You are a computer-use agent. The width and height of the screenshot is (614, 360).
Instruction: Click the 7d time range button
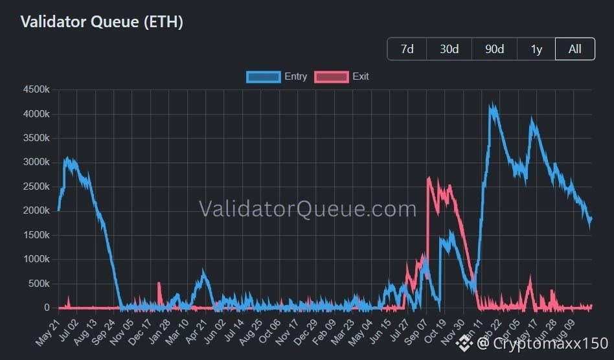click(x=407, y=49)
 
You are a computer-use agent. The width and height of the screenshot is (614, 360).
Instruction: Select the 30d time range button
click(x=449, y=49)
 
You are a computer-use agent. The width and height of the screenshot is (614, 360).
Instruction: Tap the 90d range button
click(x=494, y=49)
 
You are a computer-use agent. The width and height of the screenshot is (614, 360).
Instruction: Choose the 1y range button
click(x=536, y=49)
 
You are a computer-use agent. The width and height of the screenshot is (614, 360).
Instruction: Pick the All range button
click(x=575, y=49)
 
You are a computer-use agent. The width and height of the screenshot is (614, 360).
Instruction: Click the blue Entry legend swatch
click(x=264, y=76)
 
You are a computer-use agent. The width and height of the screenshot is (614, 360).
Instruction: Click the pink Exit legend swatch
click(x=331, y=76)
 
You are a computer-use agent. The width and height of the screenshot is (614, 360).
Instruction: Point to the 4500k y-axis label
click(x=36, y=89)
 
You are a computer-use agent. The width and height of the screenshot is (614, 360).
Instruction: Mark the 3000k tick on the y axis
click(x=36, y=162)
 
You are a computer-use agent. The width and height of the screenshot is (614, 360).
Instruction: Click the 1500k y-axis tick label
click(x=36, y=235)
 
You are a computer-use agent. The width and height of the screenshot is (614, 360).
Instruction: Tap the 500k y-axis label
click(x=39, y=284)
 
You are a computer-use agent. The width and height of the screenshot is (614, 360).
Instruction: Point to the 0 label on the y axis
click(x=47, y=308)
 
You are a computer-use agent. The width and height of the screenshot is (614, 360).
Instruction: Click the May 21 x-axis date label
click(x=48, y=333)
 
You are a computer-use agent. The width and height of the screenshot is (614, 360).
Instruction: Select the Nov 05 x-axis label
click(x=122, y=333)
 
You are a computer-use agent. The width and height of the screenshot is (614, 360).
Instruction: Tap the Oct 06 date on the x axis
click(x=269, y=332)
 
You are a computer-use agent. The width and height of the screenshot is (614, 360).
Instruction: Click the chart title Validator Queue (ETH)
click(x=102, y=21)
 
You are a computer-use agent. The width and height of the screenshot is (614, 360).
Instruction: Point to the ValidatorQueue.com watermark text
click(x=308, y=208)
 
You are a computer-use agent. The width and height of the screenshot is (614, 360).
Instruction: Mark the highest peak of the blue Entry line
click(x=493, y=105)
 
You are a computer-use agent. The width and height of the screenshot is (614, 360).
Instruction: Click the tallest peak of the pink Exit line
click(x=429, y=178)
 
